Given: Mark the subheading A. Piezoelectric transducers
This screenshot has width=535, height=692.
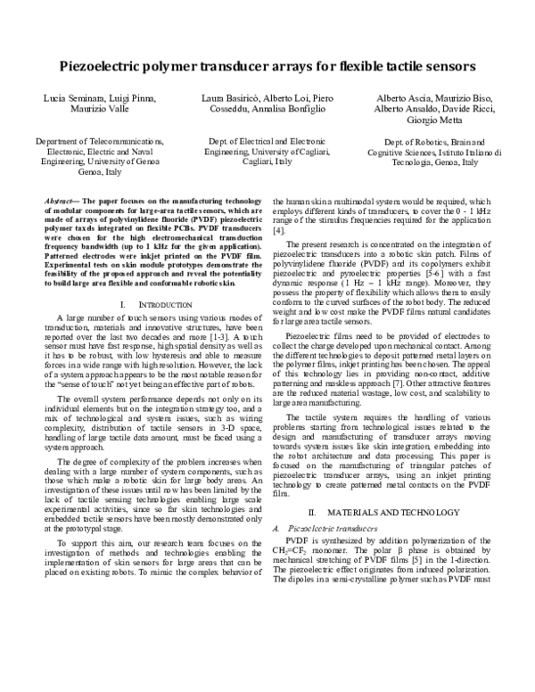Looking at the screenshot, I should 325,529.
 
